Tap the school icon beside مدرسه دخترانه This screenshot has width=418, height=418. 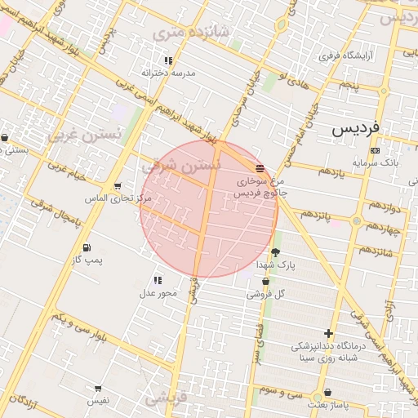click(x=168, y=60)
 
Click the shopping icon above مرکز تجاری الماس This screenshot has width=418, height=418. click(x=118, y=186)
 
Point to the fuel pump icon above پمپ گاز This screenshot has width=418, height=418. click(x=87, y=247)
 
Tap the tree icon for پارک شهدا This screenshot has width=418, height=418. click(x=275, y=252)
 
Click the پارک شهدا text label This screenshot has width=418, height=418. click(x=275, y=265)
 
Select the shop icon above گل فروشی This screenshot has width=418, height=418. click(x=265, y=281)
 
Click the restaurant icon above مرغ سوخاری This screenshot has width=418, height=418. click(x=260, y=167)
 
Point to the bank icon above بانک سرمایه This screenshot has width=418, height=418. click(x=375, y=151)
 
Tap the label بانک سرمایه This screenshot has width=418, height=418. click(x=376, y=163)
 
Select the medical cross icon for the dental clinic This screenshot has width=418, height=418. click(x=328, y=333)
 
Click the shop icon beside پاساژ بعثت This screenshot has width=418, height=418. click(x=327, y=393)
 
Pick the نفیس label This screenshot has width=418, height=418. click(x=98, y=401)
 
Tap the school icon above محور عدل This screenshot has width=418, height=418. click(x=158, y=281)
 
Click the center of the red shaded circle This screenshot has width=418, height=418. click(x=209, y=209)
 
